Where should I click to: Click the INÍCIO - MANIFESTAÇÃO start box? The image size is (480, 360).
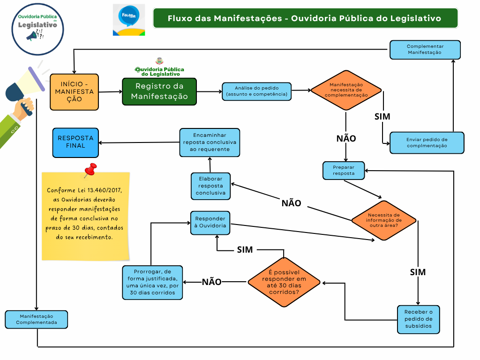pyautogui.click(x=74, y=92)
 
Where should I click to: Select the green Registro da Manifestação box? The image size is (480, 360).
pyautogui.click(x=159, y=91)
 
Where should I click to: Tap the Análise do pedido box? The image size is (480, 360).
pyautogui.click(x=256, y=91)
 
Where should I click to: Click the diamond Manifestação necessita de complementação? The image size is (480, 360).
pyautogui.click(x=346, y=90)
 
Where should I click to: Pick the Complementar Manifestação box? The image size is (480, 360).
pyautogui.click(x=425, y=50)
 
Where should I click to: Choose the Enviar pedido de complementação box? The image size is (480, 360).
pyautogui.click(x=427, y=142)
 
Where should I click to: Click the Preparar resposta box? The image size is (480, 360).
pyautogui.click(x=344, y=170)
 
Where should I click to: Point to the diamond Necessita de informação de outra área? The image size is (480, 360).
pyautogui.click(x=384, y=219)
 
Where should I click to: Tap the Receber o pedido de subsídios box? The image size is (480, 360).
pyautogui.click(x=418, y=319)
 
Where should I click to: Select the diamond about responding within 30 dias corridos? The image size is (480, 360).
pyautogui.click(x=284, y=282)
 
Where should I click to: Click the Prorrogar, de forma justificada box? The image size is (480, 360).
pyautogui.click(x=152, y=282)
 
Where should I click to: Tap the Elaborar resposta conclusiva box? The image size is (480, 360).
pyautogui.click(x=210, y=186)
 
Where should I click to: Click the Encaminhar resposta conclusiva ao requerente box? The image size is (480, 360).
pyautogui.click(x=210, y=142)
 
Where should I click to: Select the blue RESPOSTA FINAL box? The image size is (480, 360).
pyautogui.click(x=75, y=142)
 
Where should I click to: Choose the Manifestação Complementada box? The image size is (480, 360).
pyautogui.click(x=37, y=319)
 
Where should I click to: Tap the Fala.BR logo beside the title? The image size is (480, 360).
pyautogui.click(x=128, y=20)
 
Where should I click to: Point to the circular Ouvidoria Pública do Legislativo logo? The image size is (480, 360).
pyautogui.click(x=37, y=28)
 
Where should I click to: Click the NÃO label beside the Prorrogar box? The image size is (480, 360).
pyautogui.click(x=211, y=282)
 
